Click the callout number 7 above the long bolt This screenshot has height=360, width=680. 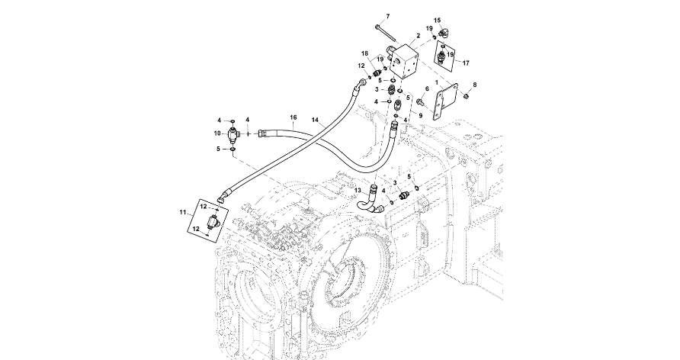pos(387,17)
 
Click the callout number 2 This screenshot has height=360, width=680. pos(419,36)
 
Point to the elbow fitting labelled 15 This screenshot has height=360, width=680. pos(446,32)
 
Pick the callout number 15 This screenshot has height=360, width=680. pos(438,21)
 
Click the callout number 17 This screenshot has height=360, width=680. pos(466,63)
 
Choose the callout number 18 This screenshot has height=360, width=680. pos(364,53)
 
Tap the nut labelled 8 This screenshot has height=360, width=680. pos(467,96)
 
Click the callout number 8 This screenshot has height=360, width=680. pos(474,84)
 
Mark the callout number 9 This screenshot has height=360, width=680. pos(420,114)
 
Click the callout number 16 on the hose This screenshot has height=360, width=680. pos(293,117)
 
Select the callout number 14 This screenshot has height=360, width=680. pos(316,120)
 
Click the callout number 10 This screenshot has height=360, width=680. pos(217,133)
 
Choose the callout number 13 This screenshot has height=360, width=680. pos(357,190)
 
